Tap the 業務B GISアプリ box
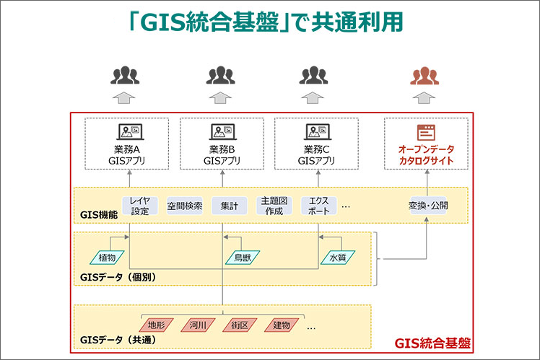(222, 144)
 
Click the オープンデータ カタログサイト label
(427, 154)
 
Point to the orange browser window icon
(427, 132)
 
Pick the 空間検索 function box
(185, 206)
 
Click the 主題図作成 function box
(274, 206)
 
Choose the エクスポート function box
(318, 206)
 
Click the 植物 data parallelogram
(107, 256)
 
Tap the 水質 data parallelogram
(337, 256)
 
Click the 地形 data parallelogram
(157, 325)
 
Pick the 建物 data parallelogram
(282, 325)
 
